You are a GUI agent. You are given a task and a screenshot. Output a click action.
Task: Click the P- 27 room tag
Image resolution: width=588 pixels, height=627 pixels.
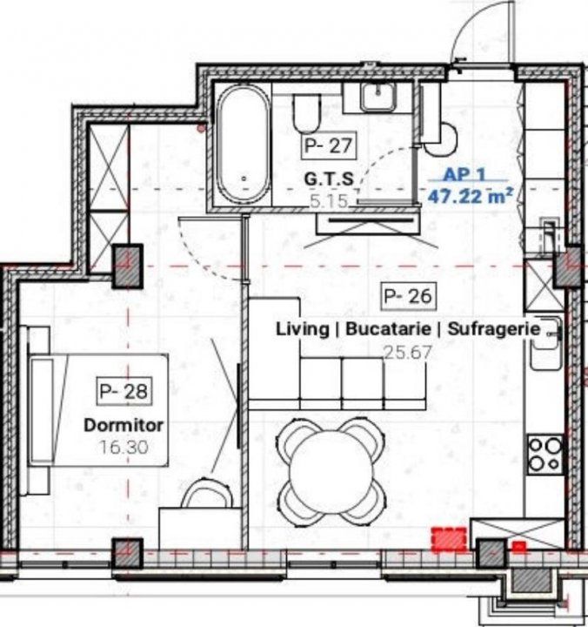pos(328,145)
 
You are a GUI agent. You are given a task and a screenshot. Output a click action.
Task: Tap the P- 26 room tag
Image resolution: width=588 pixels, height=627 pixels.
pos(408,296)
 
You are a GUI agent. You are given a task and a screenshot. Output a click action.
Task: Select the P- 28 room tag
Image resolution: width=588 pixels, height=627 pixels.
pos(124,391)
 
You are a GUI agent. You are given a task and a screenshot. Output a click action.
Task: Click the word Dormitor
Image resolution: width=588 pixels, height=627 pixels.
pos(124,425)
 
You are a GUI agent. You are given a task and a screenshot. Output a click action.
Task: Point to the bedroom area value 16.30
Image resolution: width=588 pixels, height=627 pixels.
pos(124,447)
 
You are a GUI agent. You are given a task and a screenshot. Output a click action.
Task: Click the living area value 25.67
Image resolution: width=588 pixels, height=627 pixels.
pos(408,353)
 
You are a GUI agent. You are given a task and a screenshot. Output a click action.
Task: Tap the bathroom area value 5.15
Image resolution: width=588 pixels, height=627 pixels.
pos(329,201)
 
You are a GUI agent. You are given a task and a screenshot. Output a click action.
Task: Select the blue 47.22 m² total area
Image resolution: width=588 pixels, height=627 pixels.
pos(470,196)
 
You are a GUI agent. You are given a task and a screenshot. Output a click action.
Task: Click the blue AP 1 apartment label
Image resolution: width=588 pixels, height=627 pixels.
pos(464,174)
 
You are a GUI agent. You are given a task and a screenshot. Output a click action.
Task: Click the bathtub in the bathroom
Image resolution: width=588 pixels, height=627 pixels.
pos(244,144)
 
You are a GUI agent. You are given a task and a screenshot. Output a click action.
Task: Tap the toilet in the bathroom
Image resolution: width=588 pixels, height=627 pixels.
pos(307,113)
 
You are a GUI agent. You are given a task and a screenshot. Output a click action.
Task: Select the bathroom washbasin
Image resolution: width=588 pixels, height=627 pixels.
pos(378,98)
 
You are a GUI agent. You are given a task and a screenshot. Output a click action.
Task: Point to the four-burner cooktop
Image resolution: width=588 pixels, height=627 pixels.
pos(545,455)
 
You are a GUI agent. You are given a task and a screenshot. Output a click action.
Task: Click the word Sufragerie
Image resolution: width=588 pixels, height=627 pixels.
pos(494,329)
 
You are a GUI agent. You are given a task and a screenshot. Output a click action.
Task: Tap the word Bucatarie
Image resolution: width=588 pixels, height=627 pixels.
pos(388,329)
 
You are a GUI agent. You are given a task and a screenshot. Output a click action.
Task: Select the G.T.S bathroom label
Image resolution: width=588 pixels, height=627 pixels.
pos(329,179)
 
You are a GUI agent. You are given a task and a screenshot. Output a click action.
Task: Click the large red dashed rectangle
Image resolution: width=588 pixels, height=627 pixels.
pos(449,538)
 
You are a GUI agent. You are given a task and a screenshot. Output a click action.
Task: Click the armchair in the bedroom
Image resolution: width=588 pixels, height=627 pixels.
pos(207,493)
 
